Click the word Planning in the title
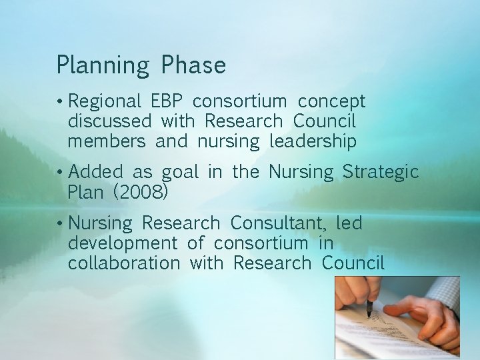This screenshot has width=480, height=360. click(x=103, y=66)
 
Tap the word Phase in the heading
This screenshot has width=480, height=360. click(x=193, y=65)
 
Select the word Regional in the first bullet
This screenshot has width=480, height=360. click(x=105, y=102)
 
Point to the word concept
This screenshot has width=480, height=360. click(x=331, y=102)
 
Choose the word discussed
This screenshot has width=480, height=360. click(x=109, y=121)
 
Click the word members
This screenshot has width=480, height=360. click(x=106, y=141)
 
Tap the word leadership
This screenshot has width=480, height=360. click(x=313, y=142)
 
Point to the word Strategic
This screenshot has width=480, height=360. click(x=381, y=173)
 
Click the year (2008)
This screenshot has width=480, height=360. click(x=141, y=193)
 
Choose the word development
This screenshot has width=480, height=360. click(x=122, y=243)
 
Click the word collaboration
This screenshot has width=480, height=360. click(x=123, y=263)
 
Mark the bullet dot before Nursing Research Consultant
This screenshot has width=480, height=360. click(x=60, y=223)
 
